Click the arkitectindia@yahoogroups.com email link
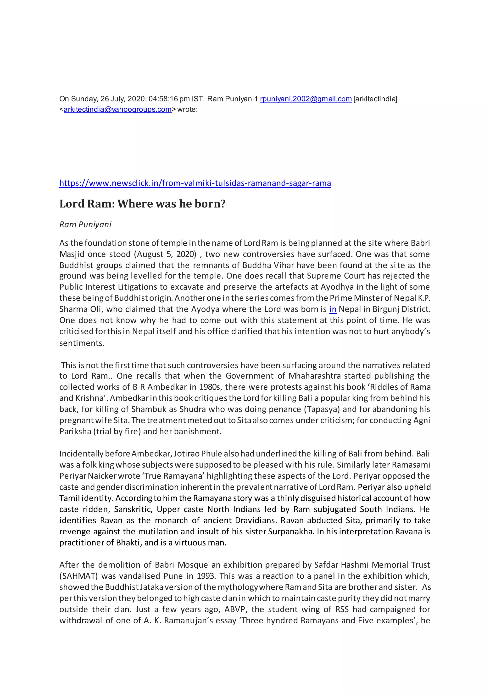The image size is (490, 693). [x=117, y=109]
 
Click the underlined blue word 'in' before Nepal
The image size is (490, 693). [x=333, y=309]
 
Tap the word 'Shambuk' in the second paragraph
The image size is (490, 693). [x=143, y=409]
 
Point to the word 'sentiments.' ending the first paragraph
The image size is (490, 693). [x=82, y=343]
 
